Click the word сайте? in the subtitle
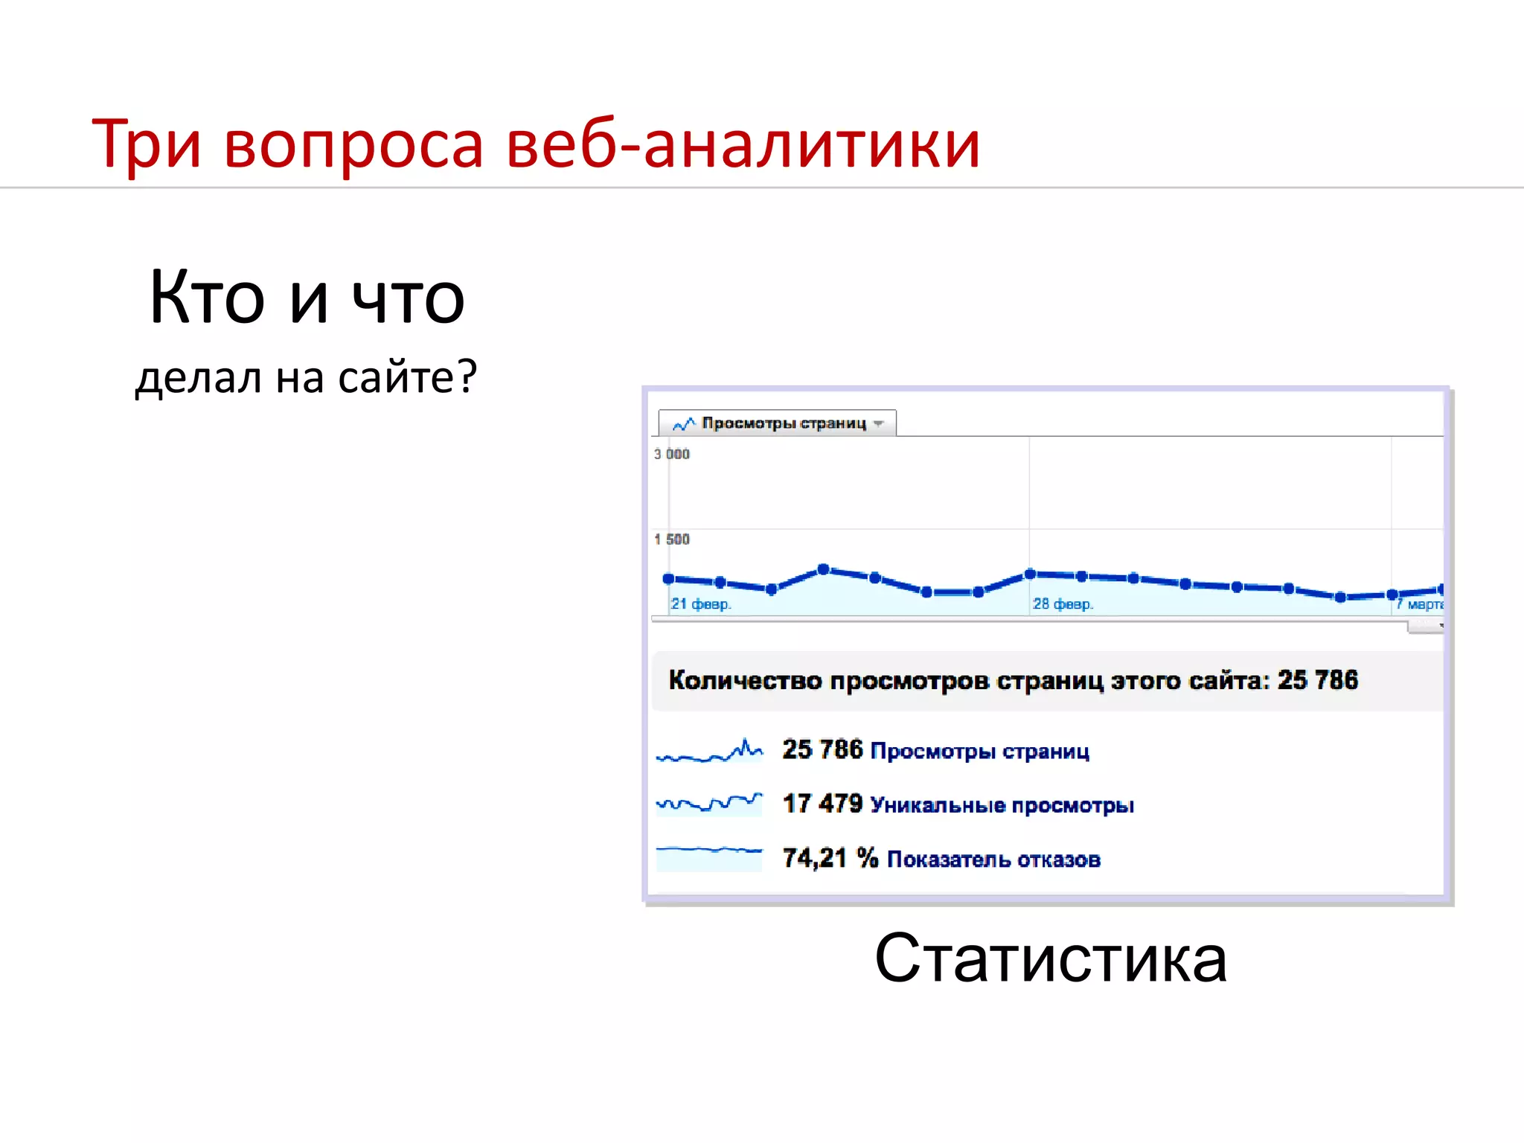tap(407, 377)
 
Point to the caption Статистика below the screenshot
tap(1050, 958)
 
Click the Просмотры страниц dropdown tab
tap(778, 423)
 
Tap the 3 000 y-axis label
tap(672, 454)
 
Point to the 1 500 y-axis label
tap(672, 539)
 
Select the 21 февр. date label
tap(700, 603)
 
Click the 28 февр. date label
tap(1063, 603)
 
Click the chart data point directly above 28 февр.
tap(1031, 574)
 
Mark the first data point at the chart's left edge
tap(668, 578)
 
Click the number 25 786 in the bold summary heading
tap(1317, 680)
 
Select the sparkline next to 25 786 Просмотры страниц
tap(709, 751)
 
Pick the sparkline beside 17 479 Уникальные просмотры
tap(709, 804)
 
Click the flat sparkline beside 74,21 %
tap(709, 857)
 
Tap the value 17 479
tap(822, 804)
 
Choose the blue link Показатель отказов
tap(993, 859)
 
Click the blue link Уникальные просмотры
tap(1002, 805)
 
